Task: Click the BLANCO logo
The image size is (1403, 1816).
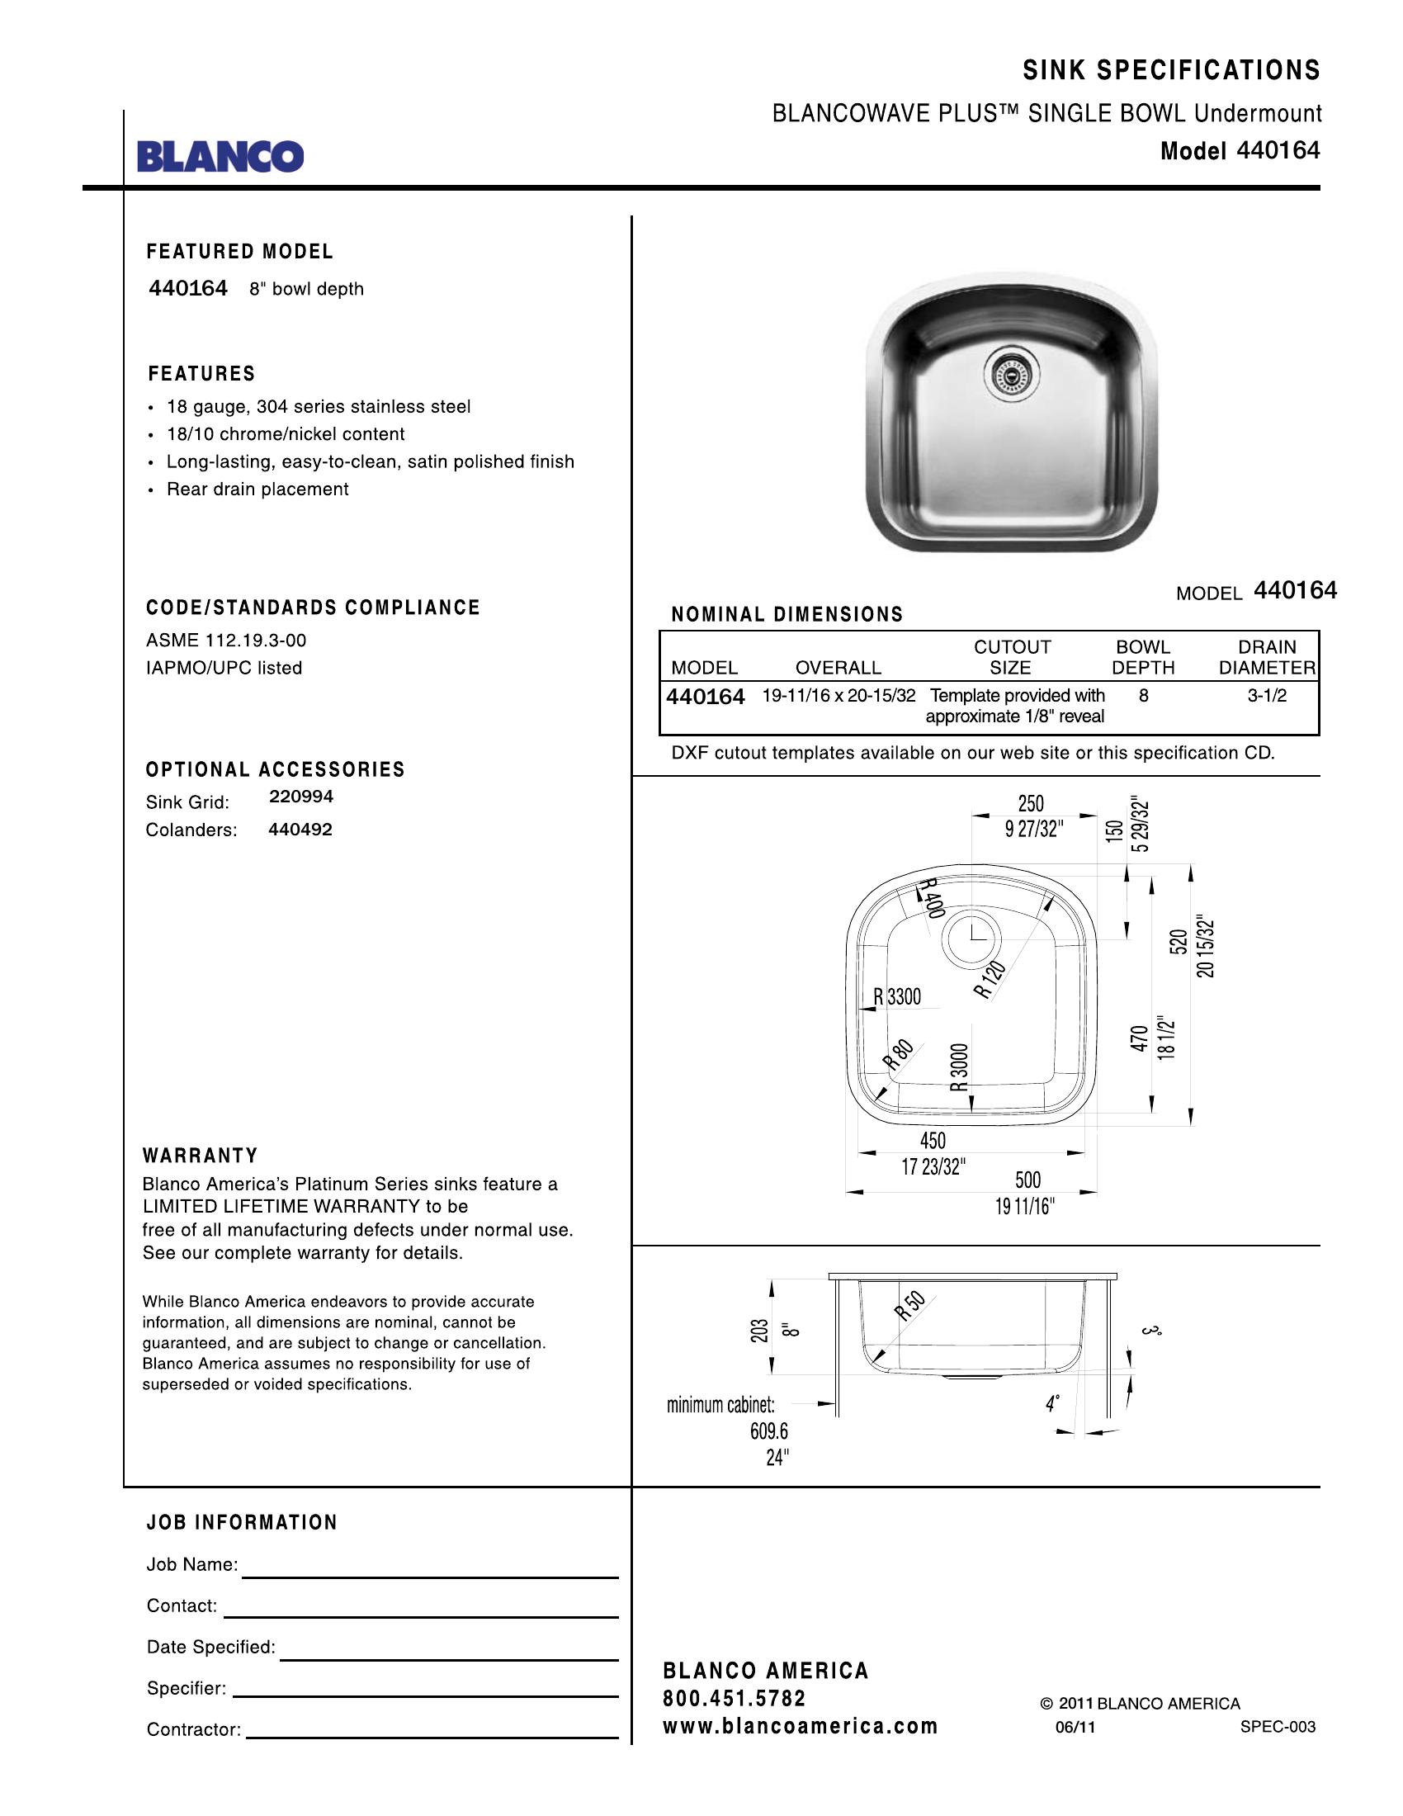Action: [x=220, y=155]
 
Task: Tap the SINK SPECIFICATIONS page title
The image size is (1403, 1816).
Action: [x=1171, y=71]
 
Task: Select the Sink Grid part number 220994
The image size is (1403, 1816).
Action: [x=301, y=797]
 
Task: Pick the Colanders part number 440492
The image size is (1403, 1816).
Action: [x=300, y=829]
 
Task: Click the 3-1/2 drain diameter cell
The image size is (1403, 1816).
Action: [x=1266, y=696]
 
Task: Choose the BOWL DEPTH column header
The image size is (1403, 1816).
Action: [x=1143, y=657]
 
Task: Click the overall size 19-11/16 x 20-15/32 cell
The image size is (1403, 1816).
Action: [x=838, y=696]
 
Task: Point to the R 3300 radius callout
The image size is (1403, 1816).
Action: [x=897, y=996]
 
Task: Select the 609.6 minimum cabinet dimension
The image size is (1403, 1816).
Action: [x=769, y=1431]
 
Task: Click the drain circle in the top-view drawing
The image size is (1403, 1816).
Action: [x=971, y=937]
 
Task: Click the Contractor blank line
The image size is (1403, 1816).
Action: [x=432, y=1737]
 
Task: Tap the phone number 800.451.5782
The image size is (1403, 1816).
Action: [x=734, y=1698]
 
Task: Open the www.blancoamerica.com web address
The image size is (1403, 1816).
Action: [x=800, y=1726]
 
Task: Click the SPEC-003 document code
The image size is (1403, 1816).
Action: [x=1278, y=1727]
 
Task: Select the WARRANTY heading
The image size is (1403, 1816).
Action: [x=201, y=1156]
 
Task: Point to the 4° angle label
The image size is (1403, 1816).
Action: [x=1052, y=1404]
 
